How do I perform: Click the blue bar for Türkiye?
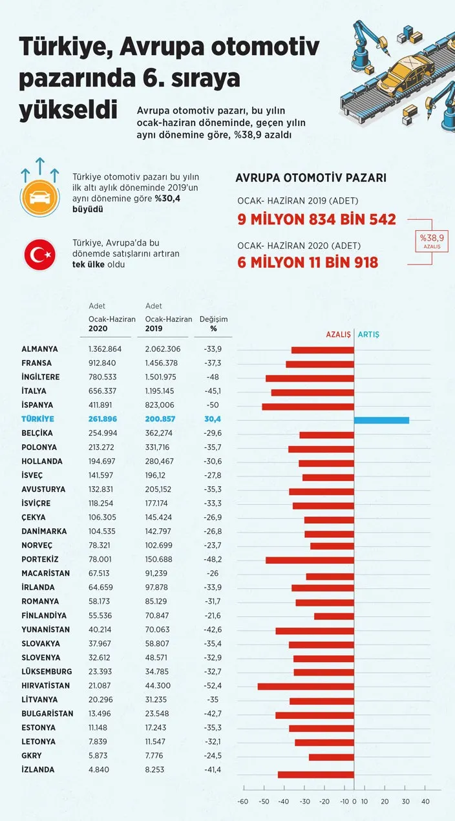point(381,420)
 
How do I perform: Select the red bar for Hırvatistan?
point(306,686)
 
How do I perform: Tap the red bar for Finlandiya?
point(334,616)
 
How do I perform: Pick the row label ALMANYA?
point(39,349)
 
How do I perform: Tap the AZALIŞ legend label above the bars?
point(337,335)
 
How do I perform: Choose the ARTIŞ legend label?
point(369,335)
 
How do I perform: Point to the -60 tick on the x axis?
point(243,802)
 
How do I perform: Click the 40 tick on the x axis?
point(425,802)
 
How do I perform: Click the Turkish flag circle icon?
point(39,255)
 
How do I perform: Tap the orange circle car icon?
point(39,197)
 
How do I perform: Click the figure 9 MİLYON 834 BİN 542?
point(317,219)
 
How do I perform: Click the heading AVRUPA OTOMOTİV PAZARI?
point(311,178)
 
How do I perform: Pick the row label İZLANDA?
point(37,770)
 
